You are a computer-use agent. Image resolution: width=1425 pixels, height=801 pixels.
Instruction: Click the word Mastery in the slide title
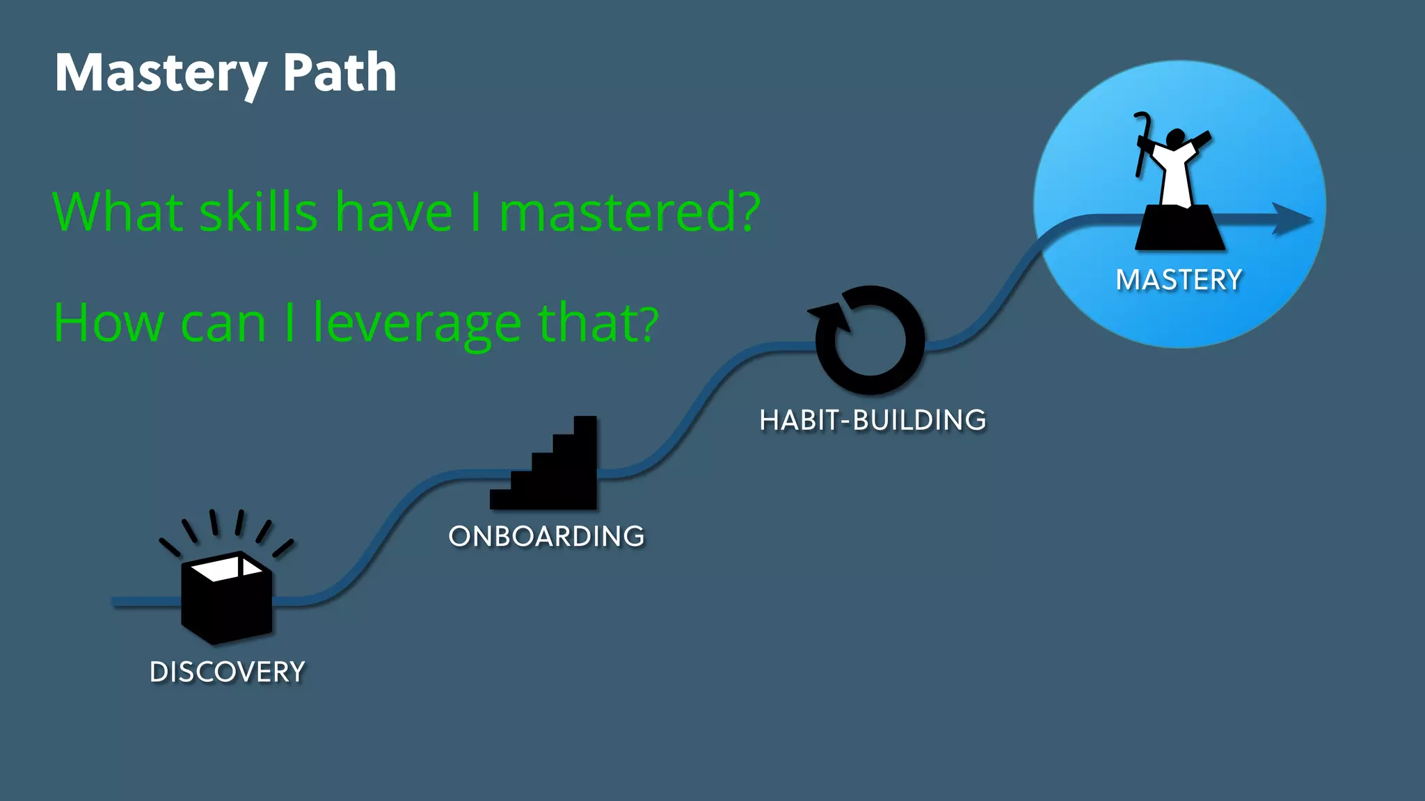161,73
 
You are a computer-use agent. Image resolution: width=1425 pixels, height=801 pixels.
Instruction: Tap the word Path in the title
340,73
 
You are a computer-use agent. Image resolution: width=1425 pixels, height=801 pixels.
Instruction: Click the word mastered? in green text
630,211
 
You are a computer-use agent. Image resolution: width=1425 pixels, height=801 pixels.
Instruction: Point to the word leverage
417,323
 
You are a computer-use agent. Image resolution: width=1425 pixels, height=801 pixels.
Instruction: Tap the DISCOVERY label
228,672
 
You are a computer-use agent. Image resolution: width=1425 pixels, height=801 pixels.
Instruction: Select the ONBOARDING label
547,537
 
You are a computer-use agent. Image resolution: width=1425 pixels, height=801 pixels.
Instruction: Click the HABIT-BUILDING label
873,421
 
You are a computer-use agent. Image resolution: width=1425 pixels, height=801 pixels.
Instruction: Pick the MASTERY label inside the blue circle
1179,280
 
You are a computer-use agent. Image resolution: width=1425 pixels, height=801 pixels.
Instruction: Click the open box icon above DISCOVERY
226,598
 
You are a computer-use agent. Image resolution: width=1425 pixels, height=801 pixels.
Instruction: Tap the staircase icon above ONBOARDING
550,469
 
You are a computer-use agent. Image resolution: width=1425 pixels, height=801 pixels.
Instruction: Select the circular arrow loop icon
871,341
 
